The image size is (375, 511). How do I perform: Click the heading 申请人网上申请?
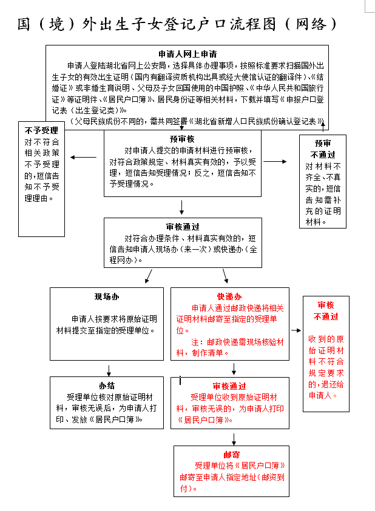187,54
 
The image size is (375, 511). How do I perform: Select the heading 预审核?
182,139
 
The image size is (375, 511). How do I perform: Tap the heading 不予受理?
41,131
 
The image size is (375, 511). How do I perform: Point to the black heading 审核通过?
183,227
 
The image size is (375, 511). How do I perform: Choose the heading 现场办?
107,296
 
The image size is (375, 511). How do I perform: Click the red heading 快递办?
229,296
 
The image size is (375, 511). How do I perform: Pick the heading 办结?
107,386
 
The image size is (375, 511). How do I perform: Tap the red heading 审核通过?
229,386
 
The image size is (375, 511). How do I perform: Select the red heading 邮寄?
232,455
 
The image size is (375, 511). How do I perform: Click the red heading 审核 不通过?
326,311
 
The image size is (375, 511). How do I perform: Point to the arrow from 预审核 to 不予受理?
84,158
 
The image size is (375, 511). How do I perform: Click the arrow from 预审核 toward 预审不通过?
275,161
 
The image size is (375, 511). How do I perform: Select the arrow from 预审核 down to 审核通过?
182,207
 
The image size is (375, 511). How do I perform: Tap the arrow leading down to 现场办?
149,276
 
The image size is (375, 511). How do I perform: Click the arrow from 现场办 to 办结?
109,370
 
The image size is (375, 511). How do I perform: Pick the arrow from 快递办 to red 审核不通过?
296,330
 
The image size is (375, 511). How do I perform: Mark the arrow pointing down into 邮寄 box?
234,439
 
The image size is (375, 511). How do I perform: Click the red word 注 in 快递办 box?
195,342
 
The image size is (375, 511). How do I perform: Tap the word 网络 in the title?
311,24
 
